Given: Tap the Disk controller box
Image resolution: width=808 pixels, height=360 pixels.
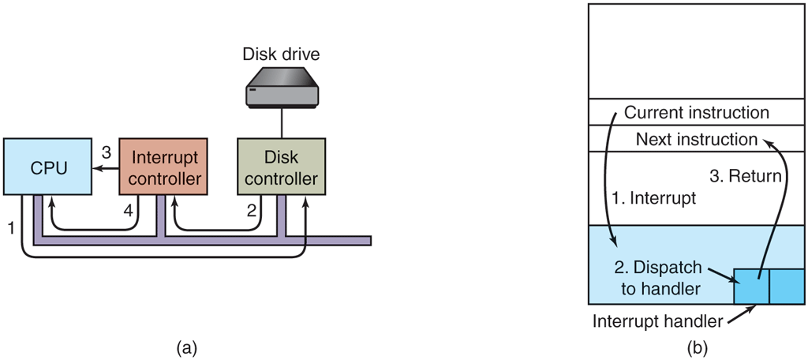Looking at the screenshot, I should pyautogui.click(x=282, y=168).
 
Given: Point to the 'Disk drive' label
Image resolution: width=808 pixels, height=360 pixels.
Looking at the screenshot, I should pyautogui.click(x=282, y=54).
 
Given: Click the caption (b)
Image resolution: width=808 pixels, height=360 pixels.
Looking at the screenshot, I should pyautogui.click(x=697, y=347).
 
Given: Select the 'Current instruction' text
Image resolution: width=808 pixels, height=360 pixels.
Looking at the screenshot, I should pyautogui.click(x=697, y=113).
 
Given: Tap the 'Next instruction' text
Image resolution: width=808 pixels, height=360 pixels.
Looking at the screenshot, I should pyautogui.click(x=697, y=139).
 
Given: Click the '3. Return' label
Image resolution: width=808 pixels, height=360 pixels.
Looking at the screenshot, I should pyautogui.click(x=745, y=176).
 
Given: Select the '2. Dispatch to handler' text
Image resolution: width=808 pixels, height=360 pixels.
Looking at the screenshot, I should pyautogui.click(x=661, y=277).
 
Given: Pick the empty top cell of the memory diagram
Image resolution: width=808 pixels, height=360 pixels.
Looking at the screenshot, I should pyautogui.click(x=697, y=51).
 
